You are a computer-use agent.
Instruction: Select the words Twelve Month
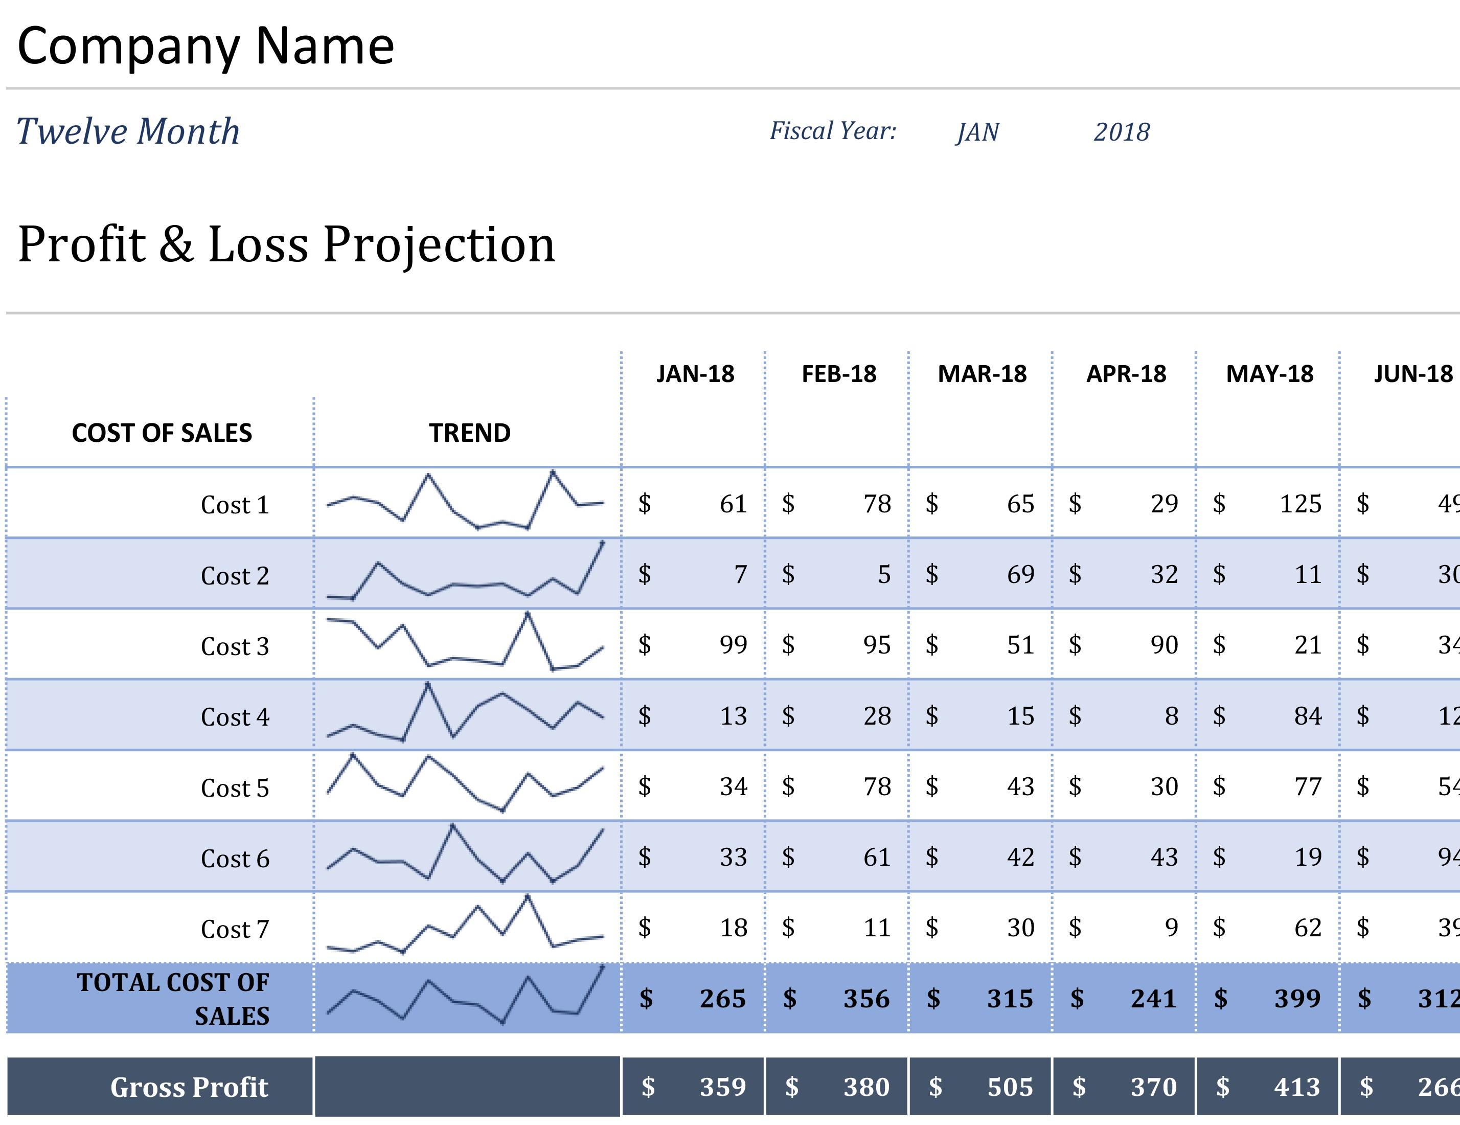pyautogui.click(x=128, y=131)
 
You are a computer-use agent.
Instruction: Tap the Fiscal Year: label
pyautogui.click(x=832, y=131)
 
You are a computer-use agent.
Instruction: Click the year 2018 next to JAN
pyautogui.click(x=1121, y=132)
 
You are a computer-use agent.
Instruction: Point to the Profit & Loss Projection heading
pyautogui.click(x=286, y=245)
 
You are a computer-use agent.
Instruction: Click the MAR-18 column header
pyautogui.click(x=982, y=374)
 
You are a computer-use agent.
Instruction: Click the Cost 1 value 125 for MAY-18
pyautogui.click(x=1299, y=504)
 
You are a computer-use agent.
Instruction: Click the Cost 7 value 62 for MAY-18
pyautogui.click(x=1307, y=928)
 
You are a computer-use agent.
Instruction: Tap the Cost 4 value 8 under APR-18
pyautogui.click(x=1171, y=716)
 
